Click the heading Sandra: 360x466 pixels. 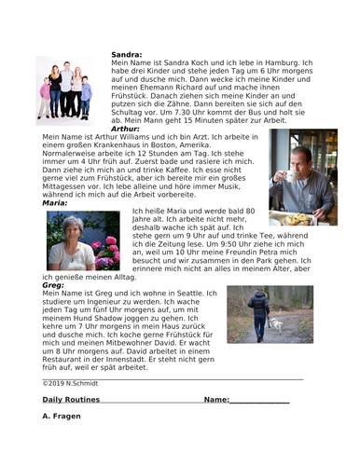tap(127, 55)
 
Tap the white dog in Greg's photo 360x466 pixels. tap(276, 325)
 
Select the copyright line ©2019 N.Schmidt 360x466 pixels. tap(72, 382)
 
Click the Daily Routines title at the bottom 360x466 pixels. tap(72, 399)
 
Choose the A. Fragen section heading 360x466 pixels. tap(62, 416)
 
